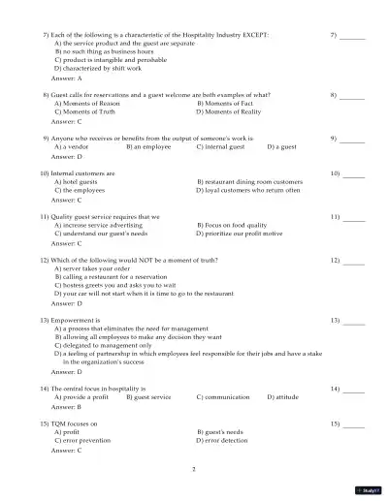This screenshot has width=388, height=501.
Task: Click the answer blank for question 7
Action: pyautogui.click(x=353, y=37)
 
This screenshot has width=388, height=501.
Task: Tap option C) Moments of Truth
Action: pyautogui.click(x=88, y=112)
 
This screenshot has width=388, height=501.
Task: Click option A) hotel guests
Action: pyautogui.click(x=77, y=181)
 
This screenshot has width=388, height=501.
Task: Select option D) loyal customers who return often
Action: pyautogui.click(x=248, y=190)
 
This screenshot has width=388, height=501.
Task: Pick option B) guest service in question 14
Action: pyautogui.click(x=148, y=396)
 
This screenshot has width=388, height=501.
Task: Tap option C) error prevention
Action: pyautogui.click(x=87, y=440)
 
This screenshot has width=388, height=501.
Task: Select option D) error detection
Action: pyautogui.click(x=228, y=440)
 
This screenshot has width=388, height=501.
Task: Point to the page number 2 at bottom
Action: pyautogui.click(x=194, y=469)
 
